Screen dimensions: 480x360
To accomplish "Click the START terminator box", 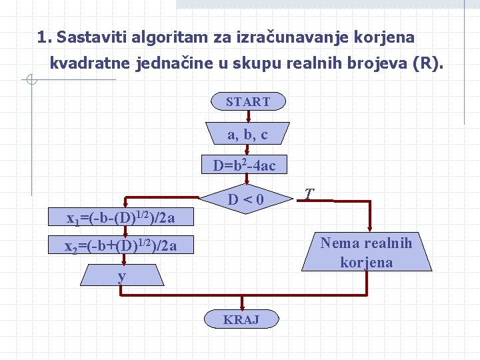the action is (248, 101).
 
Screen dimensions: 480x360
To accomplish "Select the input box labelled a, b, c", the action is (247, 134).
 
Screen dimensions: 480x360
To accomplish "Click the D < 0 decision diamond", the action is (246, 199).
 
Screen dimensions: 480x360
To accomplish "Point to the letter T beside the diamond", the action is (308, 194).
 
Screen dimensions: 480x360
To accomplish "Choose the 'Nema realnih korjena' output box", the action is (366, 253).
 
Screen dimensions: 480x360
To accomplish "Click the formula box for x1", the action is (121, 217).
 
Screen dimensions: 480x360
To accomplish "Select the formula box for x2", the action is (121, 246).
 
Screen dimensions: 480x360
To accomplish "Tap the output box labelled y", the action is (122, 275).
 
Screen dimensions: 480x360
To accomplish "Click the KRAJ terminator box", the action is (241, 319).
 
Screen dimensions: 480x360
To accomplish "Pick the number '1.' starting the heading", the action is (45, 37).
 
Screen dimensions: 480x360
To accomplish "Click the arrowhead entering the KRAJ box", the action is (241, 307).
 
